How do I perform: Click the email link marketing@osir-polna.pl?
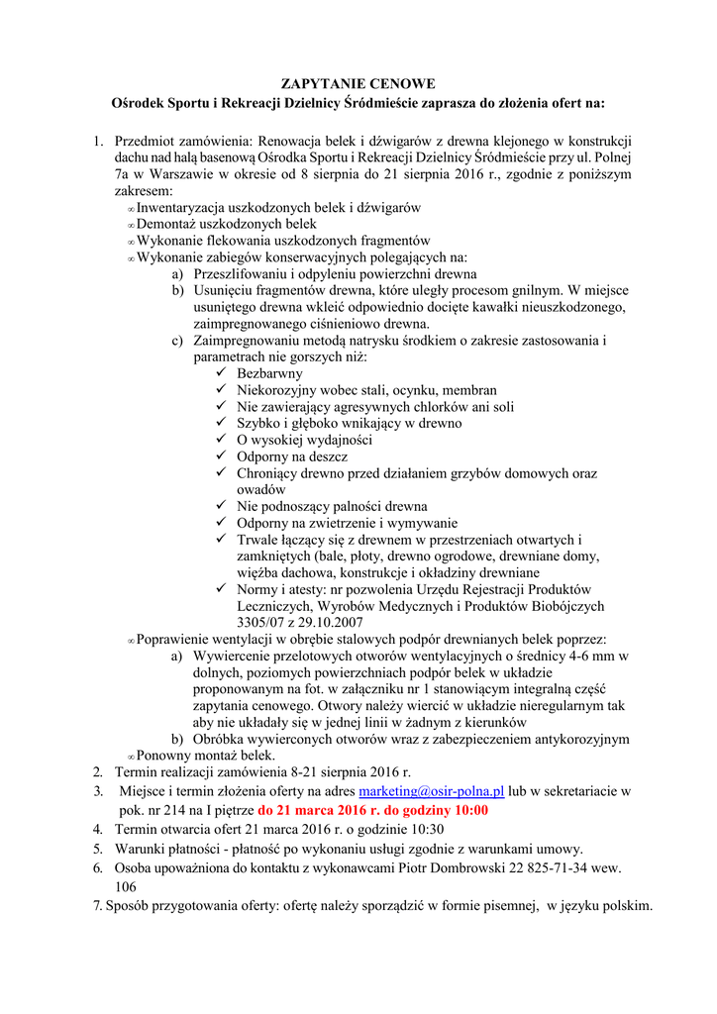(432, 791)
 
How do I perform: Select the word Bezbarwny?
(269, 373)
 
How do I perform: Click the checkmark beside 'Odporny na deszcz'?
(222, 456)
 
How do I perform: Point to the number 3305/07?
(260, 622)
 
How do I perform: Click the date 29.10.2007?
(331, 622)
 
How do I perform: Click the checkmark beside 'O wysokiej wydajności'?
(222, 440)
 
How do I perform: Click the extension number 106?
(126, 886)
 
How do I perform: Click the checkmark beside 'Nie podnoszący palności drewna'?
(222, 506)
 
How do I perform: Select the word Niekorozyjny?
(279, 390)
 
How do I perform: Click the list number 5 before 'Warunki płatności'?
(98, 849)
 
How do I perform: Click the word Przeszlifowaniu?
(244, 273)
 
